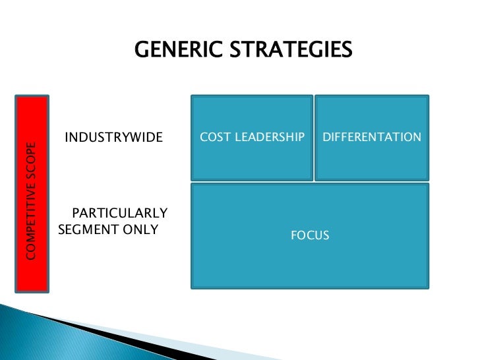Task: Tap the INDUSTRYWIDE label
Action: coord(113,138)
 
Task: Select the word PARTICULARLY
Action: coord(119,214)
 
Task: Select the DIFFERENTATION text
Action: coord(372,137)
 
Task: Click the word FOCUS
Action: coord(310,235)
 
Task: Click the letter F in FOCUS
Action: coord(294,235)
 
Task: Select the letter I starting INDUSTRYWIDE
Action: coord(67,138)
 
